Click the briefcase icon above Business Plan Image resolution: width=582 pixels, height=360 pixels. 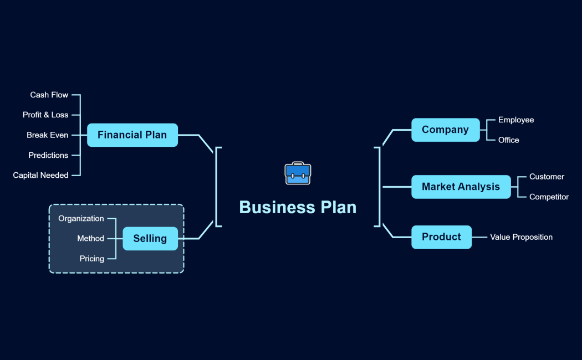298,173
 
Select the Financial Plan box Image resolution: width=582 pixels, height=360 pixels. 132,135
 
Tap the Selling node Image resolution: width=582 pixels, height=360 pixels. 150,239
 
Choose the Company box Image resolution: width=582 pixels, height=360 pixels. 445,130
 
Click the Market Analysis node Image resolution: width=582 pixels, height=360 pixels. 461,187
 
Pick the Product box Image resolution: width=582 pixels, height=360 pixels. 441,237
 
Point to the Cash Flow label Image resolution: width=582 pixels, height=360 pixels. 49,95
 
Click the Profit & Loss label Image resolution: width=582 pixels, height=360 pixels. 45,115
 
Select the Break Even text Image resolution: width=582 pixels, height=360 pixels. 48,135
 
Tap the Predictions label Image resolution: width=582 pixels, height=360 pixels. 48,156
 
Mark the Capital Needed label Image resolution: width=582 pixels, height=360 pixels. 41,176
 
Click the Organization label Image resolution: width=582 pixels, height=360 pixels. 81,219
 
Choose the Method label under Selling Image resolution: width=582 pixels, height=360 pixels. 90,239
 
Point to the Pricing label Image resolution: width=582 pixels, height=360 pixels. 91,259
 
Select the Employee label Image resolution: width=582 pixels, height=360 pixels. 516,120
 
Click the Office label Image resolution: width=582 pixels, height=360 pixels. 509,140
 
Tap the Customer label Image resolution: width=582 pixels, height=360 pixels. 547,177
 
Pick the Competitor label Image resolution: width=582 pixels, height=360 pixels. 549,197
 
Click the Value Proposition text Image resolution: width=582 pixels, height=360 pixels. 521,237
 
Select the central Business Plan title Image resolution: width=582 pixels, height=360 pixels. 298,207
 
